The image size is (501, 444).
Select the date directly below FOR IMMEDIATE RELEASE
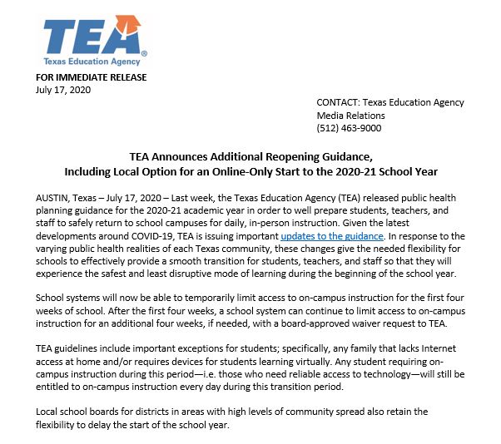click(x=62, y=90)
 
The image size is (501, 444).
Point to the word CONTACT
click(x=339, y=103)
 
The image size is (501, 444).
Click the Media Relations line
click(x=350, y=116)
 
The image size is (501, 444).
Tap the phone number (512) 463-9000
click(x=349, y=128)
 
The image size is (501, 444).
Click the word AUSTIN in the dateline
click(x=52, y=200)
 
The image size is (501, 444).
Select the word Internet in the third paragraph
click(x=449, y=349)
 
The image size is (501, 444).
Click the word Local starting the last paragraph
click(x=50, y=412)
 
